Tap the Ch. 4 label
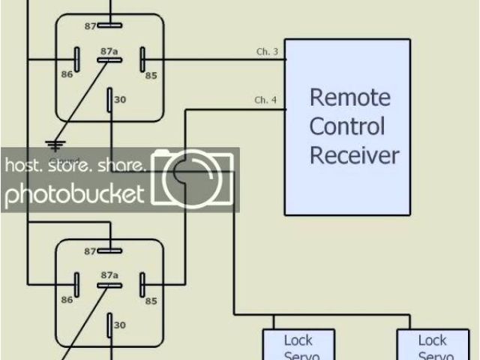pyautogui.click(x=265, y=100)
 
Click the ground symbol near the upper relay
pyautogui.click(x=54, y=145)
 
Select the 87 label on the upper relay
pyautogui.click(x=90, y=25)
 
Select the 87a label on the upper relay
pyautogui.click(x=109, y=50)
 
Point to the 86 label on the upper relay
pyautogui.click(x=67, y=75)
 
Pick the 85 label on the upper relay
pyautogui.click(x=151, y=74)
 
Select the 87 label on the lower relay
pyautogui.click(x=90, y=250)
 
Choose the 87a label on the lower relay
pyautogui.click(x=109, y=275)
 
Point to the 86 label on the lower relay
pyautogui.click(x=67, y=300)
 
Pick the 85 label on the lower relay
pyautogui.click(x=151, y=301)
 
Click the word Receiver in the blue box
pyautogui.click(x=355, y=155)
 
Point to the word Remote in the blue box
pyautogui.click(x=350, y=97)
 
